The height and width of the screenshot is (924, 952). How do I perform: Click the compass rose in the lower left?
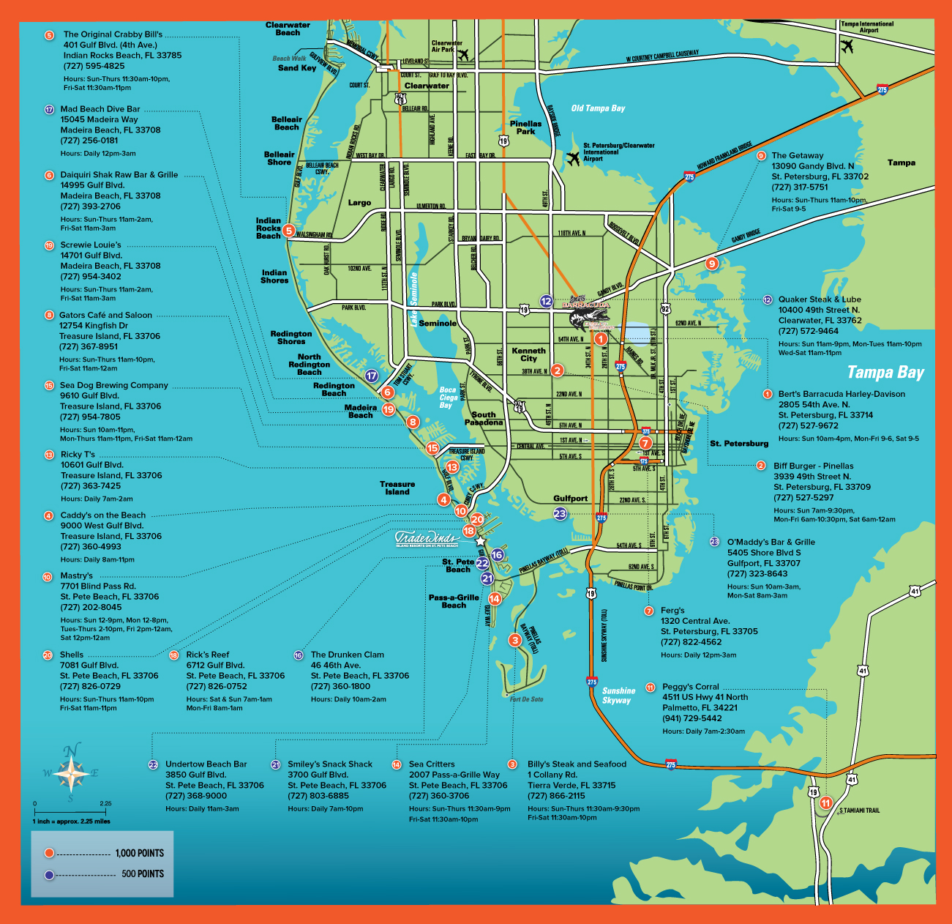71,772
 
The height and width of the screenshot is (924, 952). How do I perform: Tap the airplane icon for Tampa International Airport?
847,46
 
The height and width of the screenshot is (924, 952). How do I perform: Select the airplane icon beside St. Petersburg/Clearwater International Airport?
573,158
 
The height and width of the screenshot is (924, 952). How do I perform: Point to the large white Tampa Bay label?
885,373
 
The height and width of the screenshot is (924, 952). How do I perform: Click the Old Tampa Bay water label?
598,108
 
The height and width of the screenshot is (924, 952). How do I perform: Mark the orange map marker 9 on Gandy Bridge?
711,264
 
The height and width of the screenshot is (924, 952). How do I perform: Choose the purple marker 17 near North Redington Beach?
372,376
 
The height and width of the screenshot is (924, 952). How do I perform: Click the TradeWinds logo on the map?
427,540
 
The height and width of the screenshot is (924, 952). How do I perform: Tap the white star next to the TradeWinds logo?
480,541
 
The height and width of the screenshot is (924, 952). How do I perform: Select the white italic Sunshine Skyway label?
618,696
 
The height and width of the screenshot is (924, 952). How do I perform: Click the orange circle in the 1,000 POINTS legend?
49,853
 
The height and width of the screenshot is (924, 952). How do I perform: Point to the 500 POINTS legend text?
143,873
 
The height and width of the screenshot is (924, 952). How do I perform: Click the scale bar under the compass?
72,812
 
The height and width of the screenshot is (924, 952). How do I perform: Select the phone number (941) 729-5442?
691,718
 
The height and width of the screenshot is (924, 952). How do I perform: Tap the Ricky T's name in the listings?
78,455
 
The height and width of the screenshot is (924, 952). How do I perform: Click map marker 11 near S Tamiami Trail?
825,802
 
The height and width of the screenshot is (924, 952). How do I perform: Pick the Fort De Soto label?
526,699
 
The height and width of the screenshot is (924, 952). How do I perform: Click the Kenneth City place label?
528,354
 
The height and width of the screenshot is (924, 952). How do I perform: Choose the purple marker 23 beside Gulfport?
560,513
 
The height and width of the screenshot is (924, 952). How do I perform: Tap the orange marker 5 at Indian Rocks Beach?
288,231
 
